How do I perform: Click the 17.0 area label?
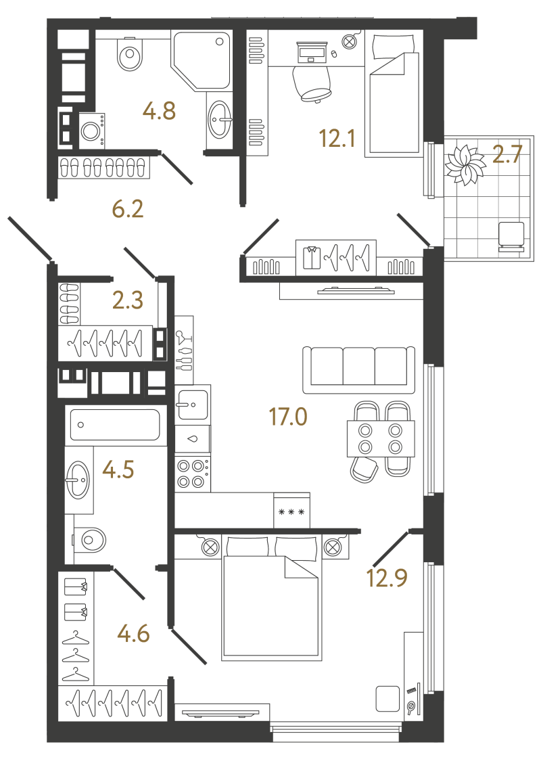click(x=288, y=416)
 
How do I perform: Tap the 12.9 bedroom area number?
click(x=387, y=578)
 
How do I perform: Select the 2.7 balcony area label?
click(x=507, y=154)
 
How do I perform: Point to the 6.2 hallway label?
click(x=128, y=210)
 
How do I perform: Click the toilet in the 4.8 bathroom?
click(x=130, y=54)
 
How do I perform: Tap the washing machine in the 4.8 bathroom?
click(x=90, y=131)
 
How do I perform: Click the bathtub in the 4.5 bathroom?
click(x=115, y=425)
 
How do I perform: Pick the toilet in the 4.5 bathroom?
click(x=89, y=539)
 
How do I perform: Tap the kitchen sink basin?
click(x=193, y=405)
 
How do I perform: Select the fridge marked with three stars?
click(x=291, y=511)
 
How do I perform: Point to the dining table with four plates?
click(x=381, y=438)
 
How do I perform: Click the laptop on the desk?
click(x=311, y=52)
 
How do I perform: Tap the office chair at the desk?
click(x=312, y=83)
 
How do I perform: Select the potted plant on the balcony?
click(x=465, y=165)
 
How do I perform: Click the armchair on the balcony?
click(x=511, y=237)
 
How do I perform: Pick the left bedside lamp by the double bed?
click(x=210, y=547)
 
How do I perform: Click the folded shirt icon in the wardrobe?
click(x=312, y=258)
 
